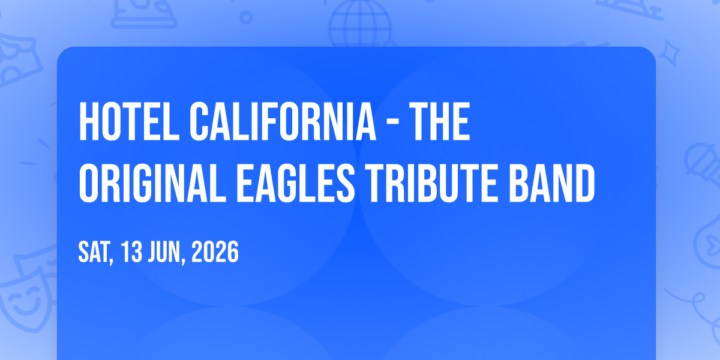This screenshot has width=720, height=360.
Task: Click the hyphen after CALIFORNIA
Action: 392,122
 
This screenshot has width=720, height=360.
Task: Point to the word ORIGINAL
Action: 152,183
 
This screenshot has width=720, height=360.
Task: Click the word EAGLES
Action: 296,183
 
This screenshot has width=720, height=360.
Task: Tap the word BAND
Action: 551,183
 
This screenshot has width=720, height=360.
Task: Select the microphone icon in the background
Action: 703,164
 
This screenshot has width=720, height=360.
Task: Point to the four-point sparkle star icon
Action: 670,53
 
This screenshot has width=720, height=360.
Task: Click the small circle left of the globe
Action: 246,17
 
